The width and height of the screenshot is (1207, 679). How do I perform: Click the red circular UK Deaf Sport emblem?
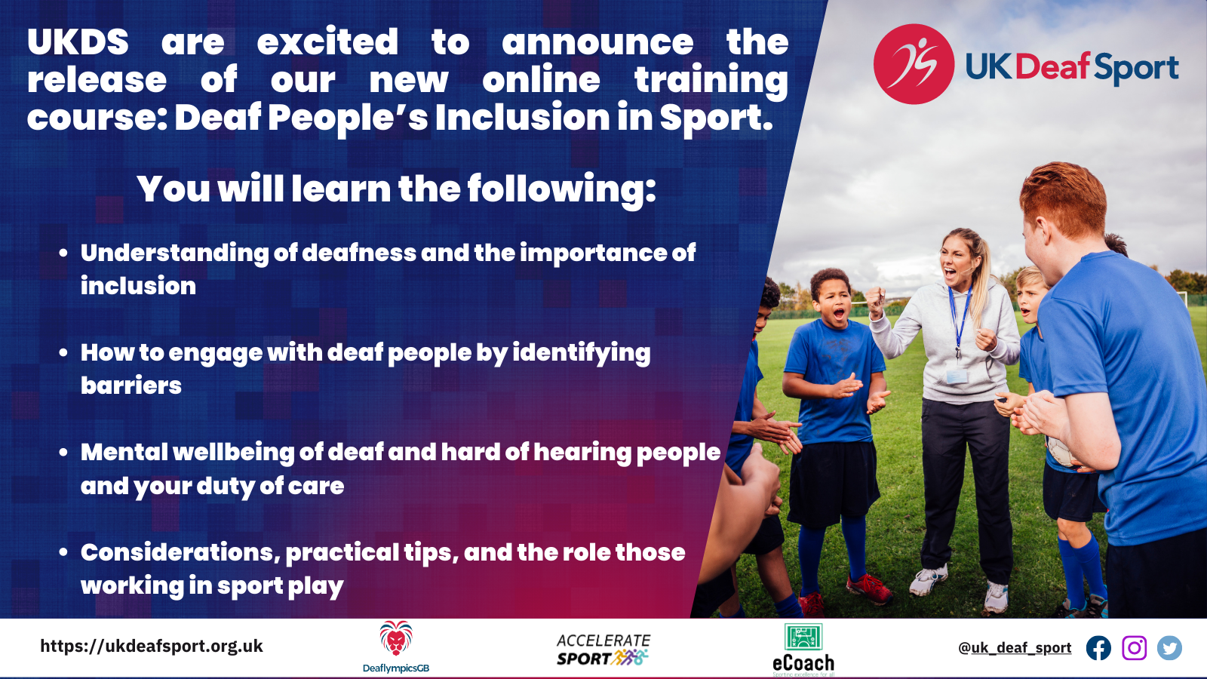[x=914, y=65]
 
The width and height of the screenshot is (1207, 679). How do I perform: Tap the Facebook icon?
[x=1098, y=648]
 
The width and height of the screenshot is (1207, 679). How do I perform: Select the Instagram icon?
[x=1134, y=648]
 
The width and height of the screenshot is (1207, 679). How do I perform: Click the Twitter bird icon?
[x=1169, y=648]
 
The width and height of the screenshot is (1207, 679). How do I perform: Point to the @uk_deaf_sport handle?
[x=1015, y=648]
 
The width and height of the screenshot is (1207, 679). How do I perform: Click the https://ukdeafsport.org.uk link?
[x=152, y=646]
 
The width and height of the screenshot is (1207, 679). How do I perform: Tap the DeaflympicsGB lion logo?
[x=396, y=640]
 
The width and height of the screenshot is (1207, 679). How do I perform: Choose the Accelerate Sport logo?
[x=603, y=650]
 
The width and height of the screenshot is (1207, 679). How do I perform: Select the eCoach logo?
[x=803, y=649]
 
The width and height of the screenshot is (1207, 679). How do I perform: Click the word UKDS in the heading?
[x=78, y=42]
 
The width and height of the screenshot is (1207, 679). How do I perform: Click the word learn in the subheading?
[x=341, y=189]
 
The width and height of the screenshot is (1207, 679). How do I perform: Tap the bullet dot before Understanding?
[x=64, y=253]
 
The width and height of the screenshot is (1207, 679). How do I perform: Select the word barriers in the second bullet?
[x=131, y=386]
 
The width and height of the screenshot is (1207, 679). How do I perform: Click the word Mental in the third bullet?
[x=124, y=452]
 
